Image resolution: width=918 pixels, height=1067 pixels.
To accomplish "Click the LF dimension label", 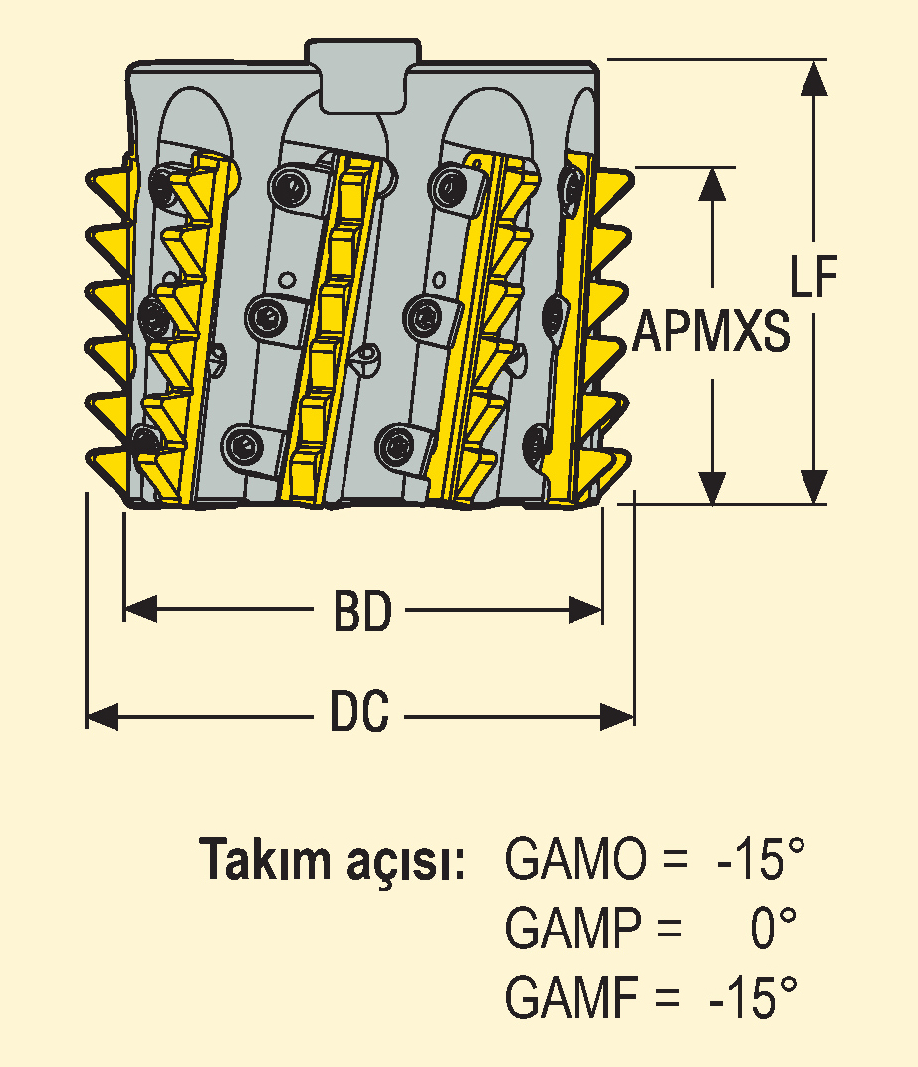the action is pos(813,276).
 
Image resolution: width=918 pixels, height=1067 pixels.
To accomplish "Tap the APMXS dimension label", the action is pos(711,331).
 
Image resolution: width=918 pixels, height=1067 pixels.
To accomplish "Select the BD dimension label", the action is pos(362,611).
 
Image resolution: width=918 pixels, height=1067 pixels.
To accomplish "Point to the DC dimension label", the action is pos(359,711).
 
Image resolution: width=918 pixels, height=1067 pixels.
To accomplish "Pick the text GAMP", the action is pos(574,928).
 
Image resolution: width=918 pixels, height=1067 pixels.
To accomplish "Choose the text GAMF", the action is pos(572,996).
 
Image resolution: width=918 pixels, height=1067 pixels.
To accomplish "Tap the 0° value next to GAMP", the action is pos(774,928).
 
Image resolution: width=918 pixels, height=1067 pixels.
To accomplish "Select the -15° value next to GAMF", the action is pos(753,996).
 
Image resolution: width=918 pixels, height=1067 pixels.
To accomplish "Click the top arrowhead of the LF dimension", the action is pos(814,77).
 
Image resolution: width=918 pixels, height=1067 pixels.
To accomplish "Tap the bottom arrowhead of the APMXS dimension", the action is pos(713,487).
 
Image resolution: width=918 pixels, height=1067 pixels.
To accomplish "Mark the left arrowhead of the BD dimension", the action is pos(140,609).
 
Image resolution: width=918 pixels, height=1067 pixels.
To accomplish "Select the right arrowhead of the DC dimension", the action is pos(617,717).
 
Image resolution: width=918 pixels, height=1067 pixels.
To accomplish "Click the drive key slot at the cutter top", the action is pos(362,76).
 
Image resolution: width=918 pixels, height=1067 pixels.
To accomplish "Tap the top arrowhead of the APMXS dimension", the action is pos(713,185).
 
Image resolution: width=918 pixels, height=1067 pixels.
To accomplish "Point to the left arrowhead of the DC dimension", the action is pos(103,717).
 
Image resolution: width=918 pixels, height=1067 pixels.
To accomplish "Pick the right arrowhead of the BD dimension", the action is pos(585,609).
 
